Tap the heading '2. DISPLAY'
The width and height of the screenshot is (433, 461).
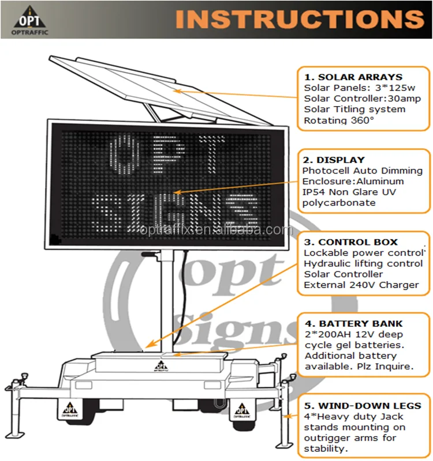point(334,160)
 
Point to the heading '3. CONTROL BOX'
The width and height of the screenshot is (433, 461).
point(350,242)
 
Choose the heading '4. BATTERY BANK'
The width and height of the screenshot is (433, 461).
point(353,324)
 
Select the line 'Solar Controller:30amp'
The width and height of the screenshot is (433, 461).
point(362,99)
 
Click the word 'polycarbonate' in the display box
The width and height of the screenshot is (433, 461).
point(339,203)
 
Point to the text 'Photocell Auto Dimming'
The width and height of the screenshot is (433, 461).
point(362,171)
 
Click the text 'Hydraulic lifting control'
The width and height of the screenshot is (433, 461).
point(363,263)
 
